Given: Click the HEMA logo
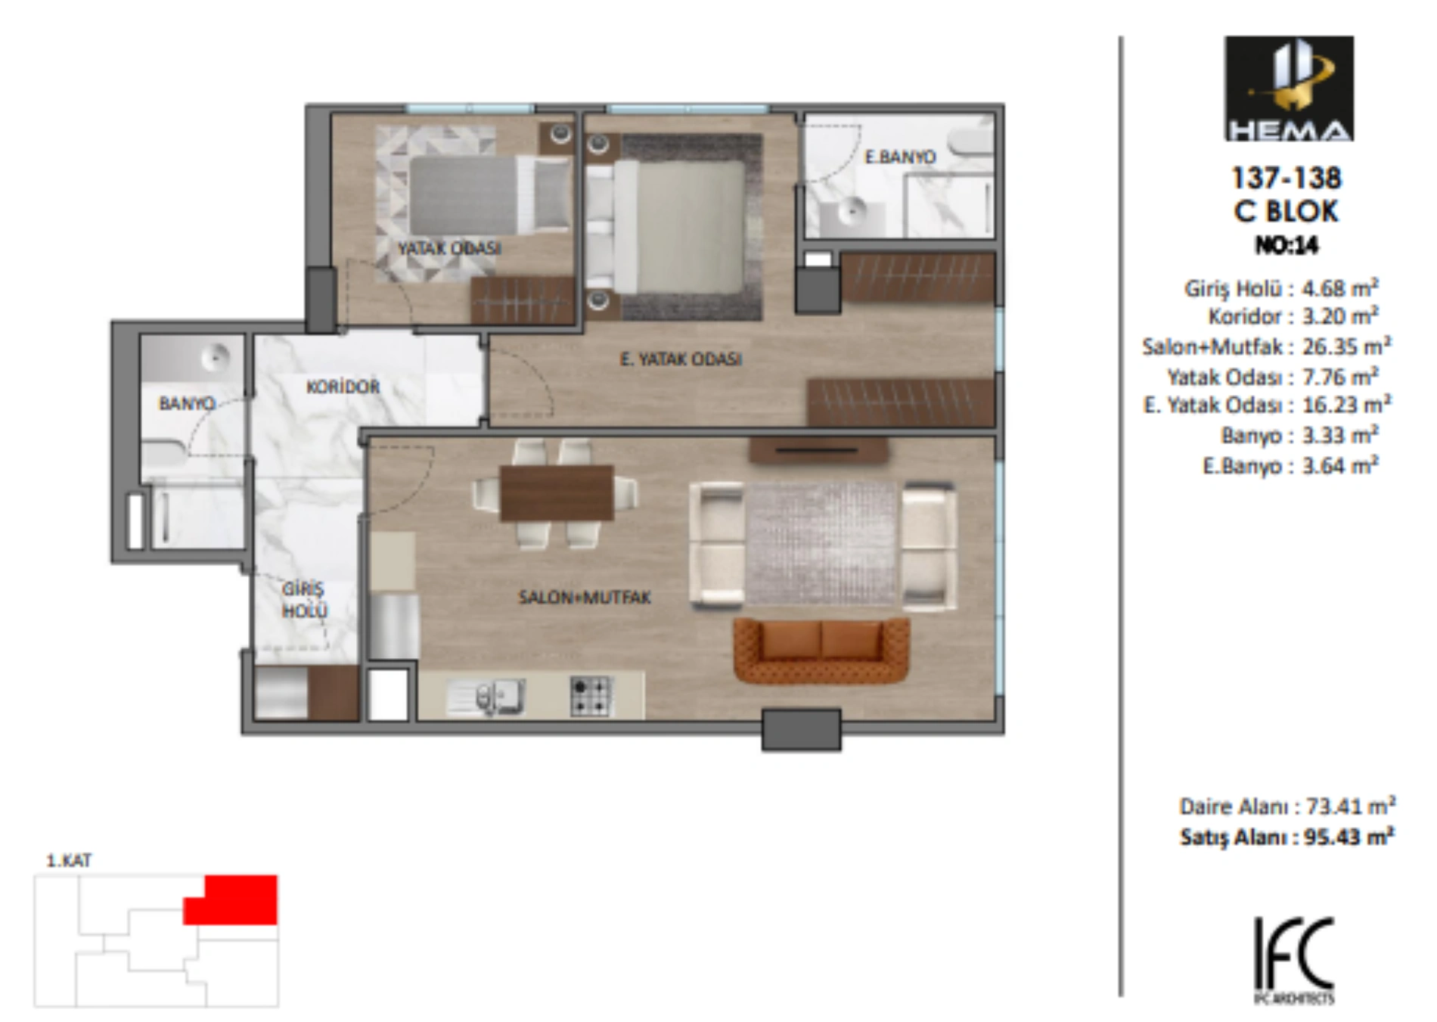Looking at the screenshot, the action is point(1289,89).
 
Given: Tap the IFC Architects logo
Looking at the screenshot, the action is point(1294,960).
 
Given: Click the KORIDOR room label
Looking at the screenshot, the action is point(343,387).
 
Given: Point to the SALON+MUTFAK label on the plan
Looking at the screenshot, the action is point(584,598).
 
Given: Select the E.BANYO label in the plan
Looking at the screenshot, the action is point(900,157).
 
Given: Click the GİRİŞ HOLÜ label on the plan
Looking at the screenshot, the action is point(304,600).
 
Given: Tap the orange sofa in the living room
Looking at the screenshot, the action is point(821,651).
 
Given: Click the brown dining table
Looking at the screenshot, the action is point(557,493).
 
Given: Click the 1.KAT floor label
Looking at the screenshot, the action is point(69,861).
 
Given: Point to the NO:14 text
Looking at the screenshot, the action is point(1287,245).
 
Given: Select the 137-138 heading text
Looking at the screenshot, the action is point(1286,179).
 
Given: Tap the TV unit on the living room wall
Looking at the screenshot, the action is point(818,450).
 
